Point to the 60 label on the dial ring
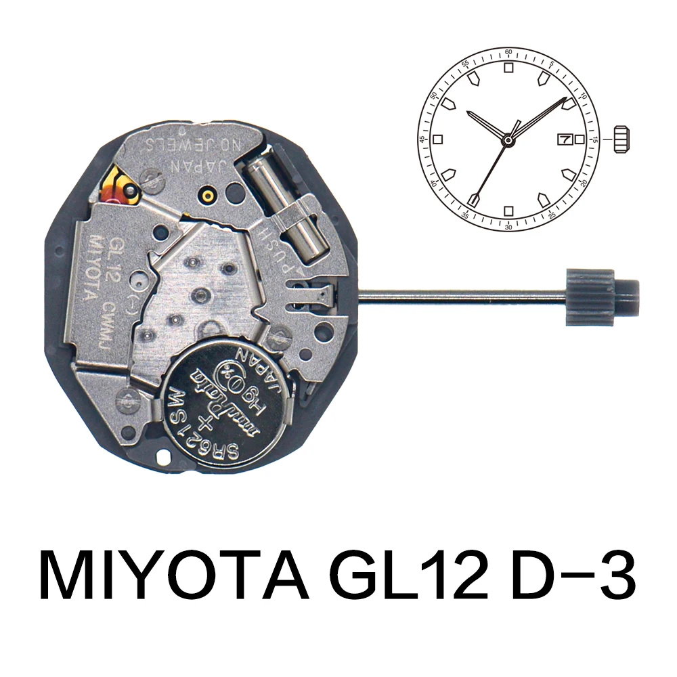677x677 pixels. click(508, 53)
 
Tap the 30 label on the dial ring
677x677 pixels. click(508, 227)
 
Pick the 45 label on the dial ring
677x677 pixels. click(422, 139)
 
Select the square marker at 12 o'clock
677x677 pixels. click(508, 68)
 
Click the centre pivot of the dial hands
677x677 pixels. click(508, 139)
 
